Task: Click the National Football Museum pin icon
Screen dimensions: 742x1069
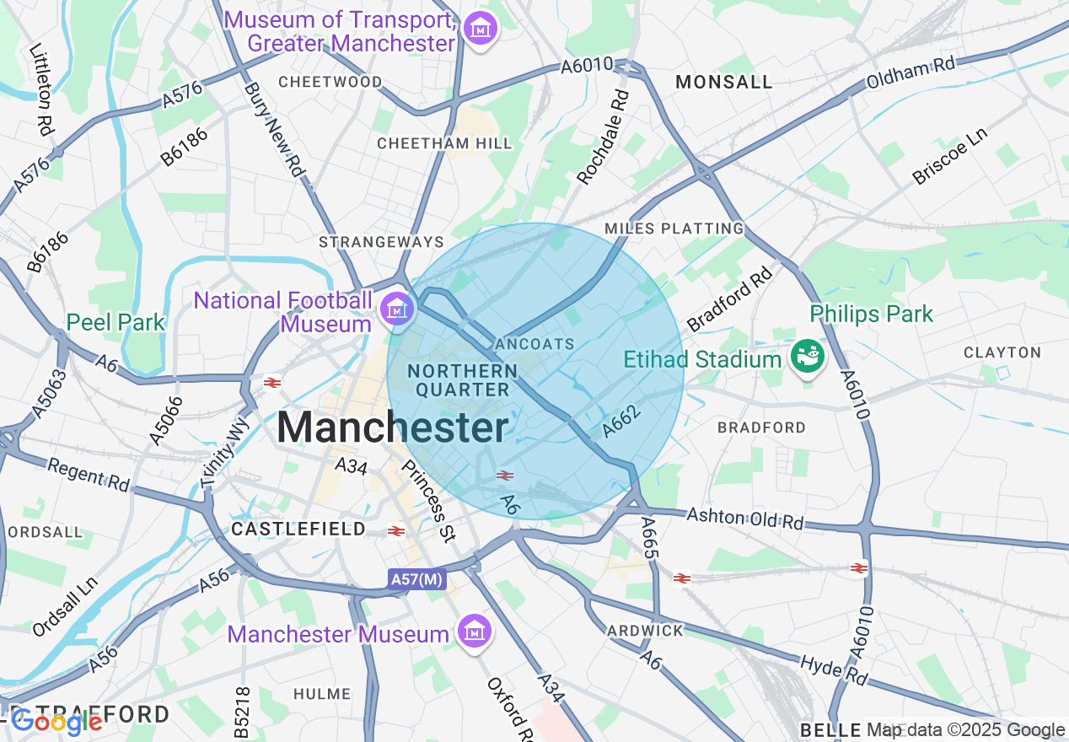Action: (395, 309)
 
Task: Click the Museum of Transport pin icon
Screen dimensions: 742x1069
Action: (481, 30)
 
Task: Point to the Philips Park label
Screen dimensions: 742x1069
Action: (871, 315)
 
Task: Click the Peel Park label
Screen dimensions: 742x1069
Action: (115, 322)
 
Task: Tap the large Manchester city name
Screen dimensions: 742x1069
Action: (393, 427)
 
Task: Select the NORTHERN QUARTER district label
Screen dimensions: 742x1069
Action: (462, 380)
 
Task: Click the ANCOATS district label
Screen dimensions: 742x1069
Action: (535, 344)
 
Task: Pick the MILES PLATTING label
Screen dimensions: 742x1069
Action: (674, 229)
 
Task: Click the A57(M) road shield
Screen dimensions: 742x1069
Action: (416, 579)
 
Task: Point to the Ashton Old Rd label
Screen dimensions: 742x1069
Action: (745, 519)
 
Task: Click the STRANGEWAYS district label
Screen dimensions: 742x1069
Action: (381, 242)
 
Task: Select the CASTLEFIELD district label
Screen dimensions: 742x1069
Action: (298, 529)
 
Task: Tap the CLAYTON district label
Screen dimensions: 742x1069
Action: (1002, 352)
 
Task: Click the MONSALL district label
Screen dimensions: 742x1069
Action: (724, 82)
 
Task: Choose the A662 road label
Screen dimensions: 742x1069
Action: (623, 421)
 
